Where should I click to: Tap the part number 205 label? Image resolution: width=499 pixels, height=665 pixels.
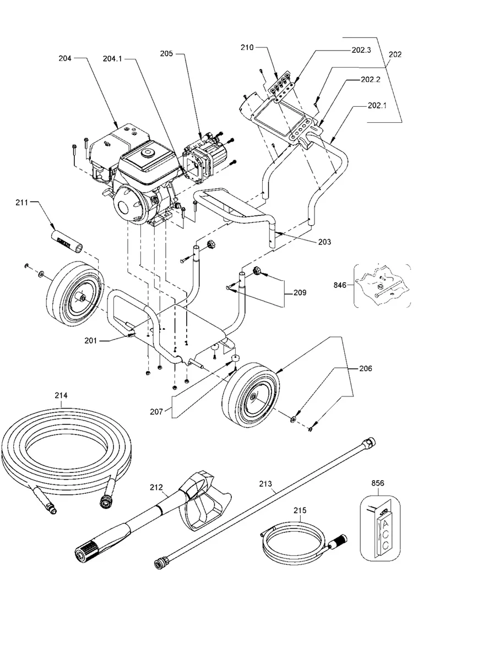point(166,54)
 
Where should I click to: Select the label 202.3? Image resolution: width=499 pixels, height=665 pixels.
point(361,50)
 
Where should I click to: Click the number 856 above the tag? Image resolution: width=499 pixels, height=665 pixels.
point(378,483)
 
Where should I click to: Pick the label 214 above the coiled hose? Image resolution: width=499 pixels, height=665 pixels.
point(61,395)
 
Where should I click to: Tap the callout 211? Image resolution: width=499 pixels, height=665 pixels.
point(22,204)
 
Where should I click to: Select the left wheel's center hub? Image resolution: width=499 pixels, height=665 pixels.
point(82,298)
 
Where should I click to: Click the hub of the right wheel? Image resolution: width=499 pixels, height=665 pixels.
point(254,397)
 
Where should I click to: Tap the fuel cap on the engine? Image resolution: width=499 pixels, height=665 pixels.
point(147,152)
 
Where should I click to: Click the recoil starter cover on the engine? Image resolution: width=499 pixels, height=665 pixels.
point(131,206)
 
